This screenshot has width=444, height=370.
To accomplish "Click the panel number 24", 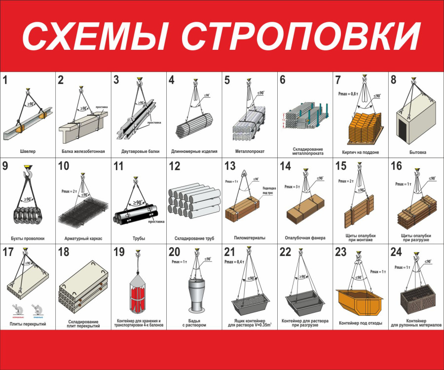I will [x=396, y=253].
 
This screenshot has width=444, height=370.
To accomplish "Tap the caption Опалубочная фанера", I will [x=305, y=238].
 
